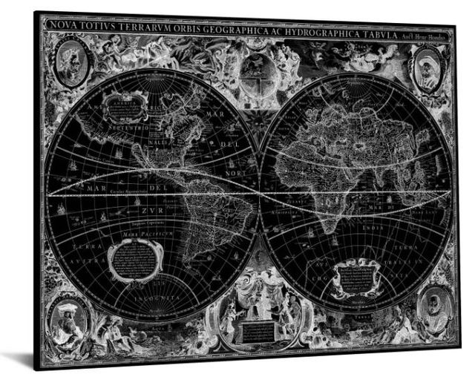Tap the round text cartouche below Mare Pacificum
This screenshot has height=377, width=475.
(134, 259)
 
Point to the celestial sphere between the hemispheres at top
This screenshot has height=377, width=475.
(257, 73)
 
